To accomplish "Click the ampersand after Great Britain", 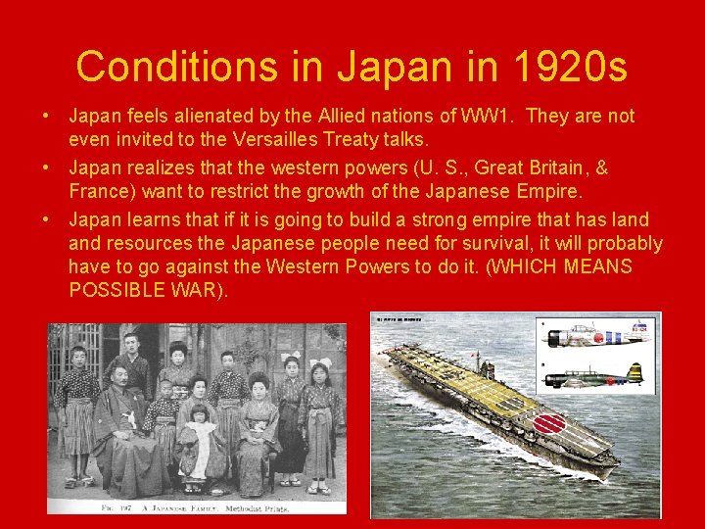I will click(600, 167).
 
